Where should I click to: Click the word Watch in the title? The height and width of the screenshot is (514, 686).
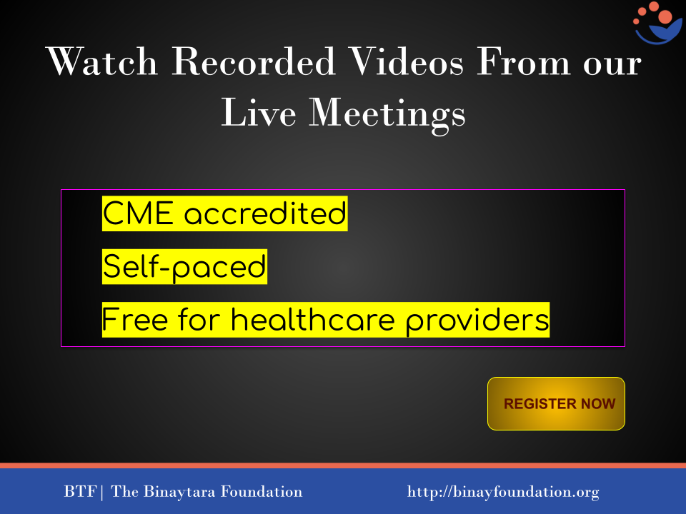tap(101, 61)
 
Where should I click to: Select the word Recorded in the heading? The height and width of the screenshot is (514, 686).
tap(254, 61)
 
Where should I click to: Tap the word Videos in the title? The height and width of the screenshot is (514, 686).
tap(407, 61)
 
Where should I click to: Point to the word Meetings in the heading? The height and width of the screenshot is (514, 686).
tap(387, 113)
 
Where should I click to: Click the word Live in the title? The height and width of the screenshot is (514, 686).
tap(259, 112)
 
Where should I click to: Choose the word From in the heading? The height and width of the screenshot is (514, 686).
tap(523, 61)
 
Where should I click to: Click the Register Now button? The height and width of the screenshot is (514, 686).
tap(556, 403)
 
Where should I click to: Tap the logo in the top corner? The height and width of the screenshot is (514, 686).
tap(657, 23)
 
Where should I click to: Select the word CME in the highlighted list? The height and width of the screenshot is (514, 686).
tap(138, 213)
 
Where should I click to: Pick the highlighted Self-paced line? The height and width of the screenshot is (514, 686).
tap(184, 266)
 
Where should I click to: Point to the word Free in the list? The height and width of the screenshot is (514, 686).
tap(135, 320)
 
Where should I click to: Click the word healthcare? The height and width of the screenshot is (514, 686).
tap(313, 320)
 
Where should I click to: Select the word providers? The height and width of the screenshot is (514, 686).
tap(477, 321)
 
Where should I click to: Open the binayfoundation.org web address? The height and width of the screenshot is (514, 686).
tap(503, 492)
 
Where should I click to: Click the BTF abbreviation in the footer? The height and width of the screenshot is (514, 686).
tap(80, 491)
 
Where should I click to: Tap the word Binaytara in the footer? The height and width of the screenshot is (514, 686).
tap(179, 492)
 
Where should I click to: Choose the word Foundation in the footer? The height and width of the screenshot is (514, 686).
tap(262, 491)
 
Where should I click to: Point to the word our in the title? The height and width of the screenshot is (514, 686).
tap(612, 65)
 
